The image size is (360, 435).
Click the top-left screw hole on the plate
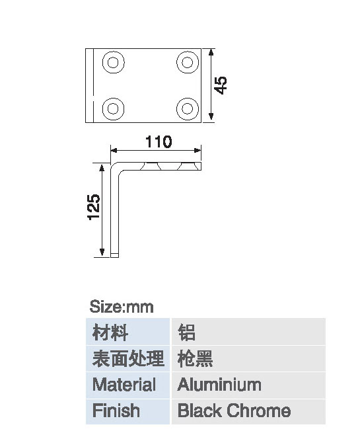pos(113,62)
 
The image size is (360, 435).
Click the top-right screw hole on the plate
pos(188,62)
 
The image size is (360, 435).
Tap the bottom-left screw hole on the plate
pos(113,108)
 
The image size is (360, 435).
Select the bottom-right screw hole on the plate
pos(188,108)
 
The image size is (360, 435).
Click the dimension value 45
pos(221,85)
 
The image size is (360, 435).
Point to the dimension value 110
pos(159,141)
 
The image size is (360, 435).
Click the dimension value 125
pos(94,207)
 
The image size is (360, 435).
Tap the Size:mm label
pos(122,307)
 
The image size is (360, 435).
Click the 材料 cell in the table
pos(127,331)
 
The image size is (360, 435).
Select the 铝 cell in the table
pos(248,331)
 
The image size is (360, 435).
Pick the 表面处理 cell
pos(127,358)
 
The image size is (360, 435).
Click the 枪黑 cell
pos(248,358)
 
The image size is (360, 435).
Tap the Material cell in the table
pos(127,385)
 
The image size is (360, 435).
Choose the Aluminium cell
pos(248,385)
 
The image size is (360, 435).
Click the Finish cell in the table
pos(127,411)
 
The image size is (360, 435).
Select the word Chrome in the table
pos(258,411)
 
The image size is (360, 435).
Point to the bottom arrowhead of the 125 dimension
pos(102,252)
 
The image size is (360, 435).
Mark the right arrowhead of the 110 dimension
pos(198,150)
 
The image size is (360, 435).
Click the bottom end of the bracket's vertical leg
pos(114,257)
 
